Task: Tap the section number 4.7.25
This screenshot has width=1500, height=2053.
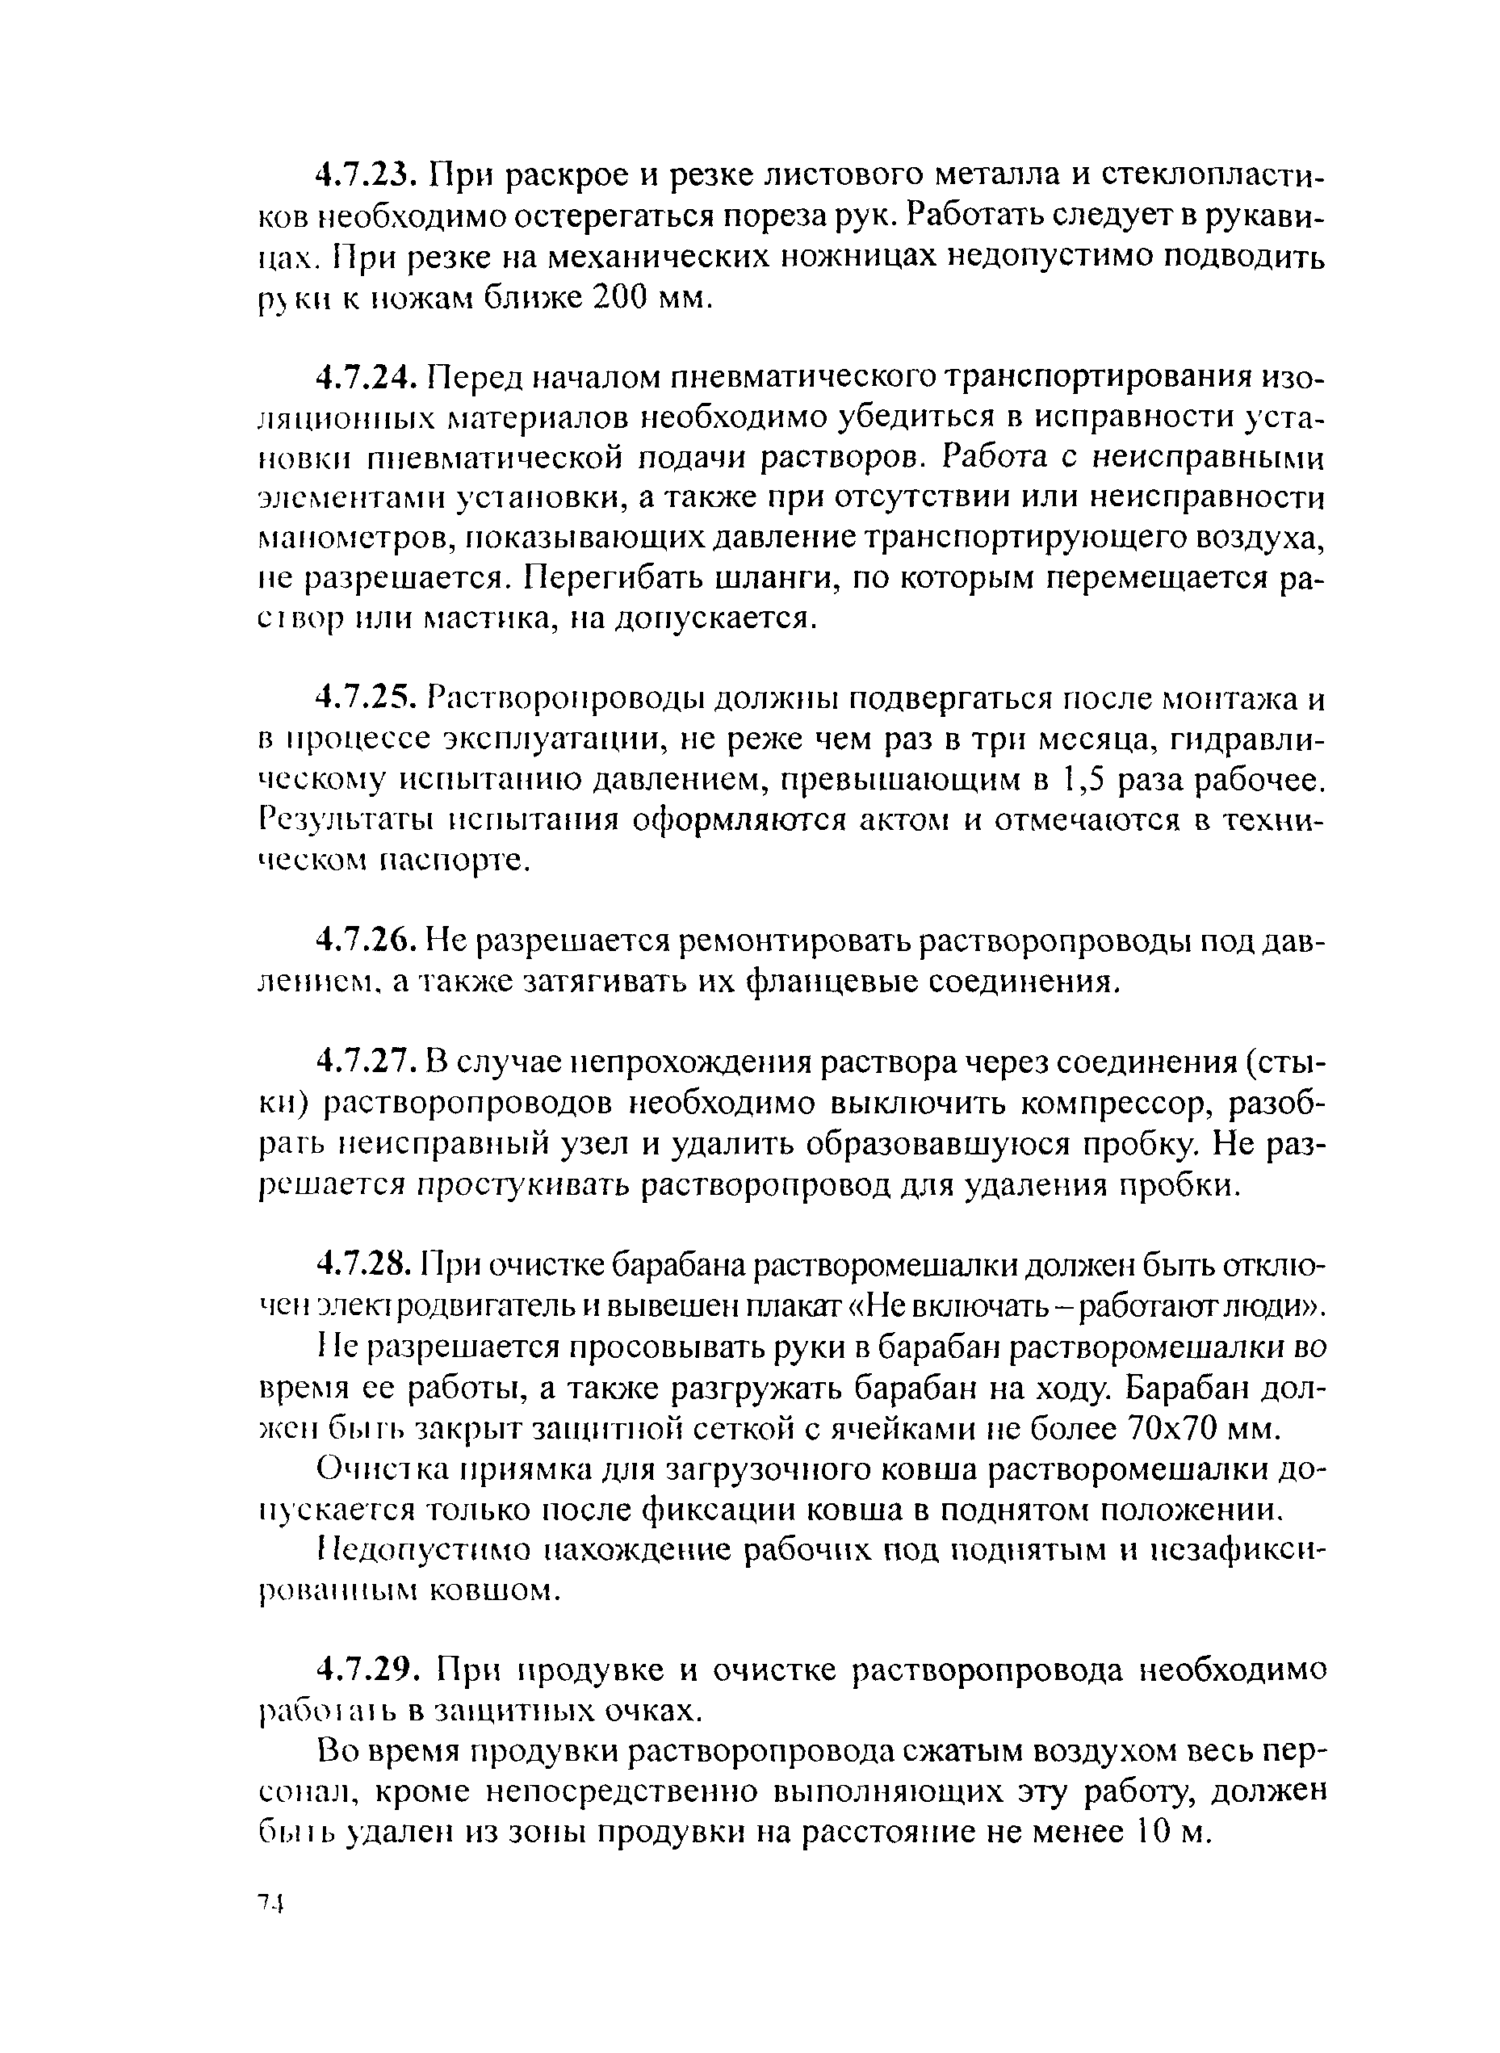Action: click(366, 700)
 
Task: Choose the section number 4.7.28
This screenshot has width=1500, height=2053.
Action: click(366, 1264)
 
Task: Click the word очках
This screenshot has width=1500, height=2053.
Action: click(654, 1712)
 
